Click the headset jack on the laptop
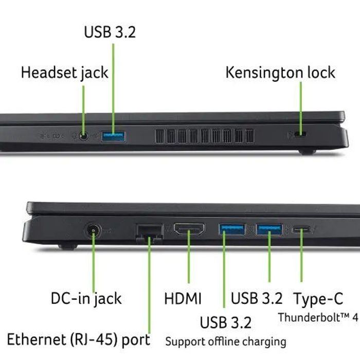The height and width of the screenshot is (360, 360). [83, 136]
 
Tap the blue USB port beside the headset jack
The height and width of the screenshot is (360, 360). [114, 137]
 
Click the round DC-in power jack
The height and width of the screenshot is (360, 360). [93, 230]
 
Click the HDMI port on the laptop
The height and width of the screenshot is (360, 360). [189, 229]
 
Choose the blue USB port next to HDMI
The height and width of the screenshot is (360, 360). [232, 229]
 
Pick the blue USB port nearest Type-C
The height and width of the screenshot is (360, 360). [269, 229]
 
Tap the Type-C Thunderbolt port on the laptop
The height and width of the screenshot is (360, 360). [301, 229]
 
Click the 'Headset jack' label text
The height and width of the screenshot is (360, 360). [64, 73]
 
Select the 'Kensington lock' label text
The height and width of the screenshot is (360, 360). [280, 73]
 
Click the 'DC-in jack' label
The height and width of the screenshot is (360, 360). [86, 299]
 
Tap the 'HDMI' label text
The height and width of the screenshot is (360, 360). [183, 298]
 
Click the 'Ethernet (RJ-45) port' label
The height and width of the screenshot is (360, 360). [79, 340]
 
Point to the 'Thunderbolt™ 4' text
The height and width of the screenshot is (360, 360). [318, 318]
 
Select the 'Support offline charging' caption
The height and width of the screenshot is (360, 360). [226, 341]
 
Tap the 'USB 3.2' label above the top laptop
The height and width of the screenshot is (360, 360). [110, 32]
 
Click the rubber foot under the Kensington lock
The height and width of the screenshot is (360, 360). [307, 152]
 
